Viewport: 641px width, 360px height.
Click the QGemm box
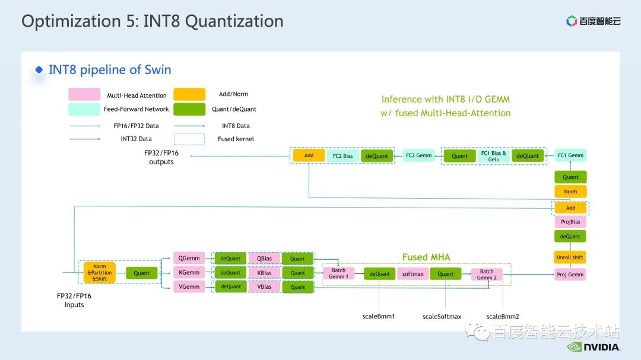189,258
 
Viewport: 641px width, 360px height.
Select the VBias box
265,287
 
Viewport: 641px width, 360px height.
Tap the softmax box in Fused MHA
412,274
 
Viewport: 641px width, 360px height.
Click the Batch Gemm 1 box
338,273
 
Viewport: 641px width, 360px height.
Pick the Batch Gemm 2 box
487,275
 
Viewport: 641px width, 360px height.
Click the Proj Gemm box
570,275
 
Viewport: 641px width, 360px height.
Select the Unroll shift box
570,257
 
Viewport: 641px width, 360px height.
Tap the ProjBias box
570,222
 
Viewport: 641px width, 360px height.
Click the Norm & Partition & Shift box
100,273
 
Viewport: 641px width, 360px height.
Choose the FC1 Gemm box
570,155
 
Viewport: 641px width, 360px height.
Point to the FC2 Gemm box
418,155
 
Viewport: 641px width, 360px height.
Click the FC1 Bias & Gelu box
493,156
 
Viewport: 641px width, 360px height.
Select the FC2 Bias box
342,156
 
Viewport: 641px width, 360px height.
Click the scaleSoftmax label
442,317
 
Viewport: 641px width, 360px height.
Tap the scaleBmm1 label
379,316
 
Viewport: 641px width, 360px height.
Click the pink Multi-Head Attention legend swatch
84,95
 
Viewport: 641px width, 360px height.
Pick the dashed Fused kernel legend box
189,139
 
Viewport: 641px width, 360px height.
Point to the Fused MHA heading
426,257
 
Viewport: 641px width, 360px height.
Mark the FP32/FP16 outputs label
161,157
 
